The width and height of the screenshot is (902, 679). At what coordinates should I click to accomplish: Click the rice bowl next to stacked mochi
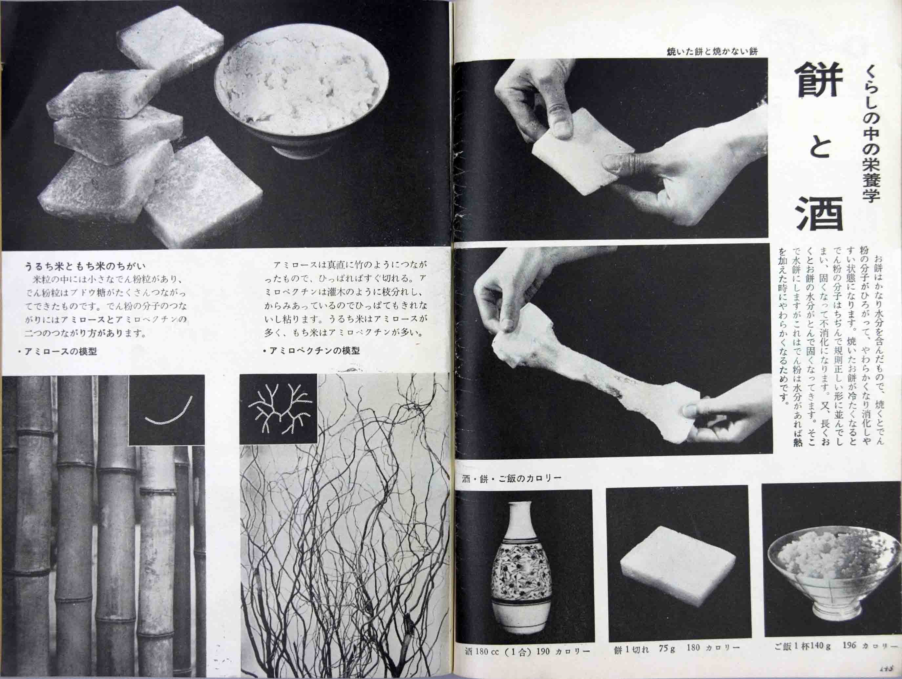tap(301, 96)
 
